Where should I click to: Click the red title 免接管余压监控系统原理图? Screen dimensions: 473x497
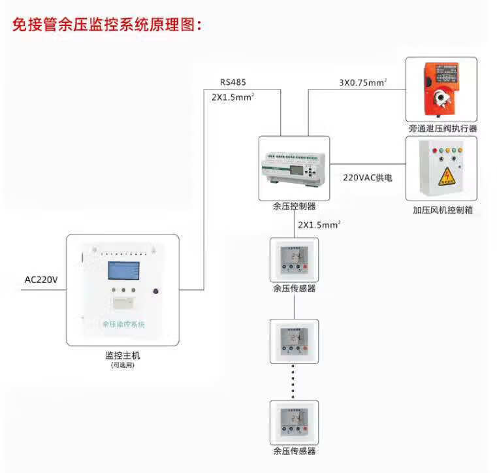(x=108, y=25)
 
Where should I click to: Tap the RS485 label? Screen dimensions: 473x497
(x=233, y=83)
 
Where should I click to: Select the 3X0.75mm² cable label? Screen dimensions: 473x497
(x=362, y=83)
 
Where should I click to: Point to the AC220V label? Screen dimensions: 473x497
(x=41, y=280)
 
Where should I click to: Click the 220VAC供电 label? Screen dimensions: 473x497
(x=368, y=177)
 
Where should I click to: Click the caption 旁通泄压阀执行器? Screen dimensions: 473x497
(x=442, y=129)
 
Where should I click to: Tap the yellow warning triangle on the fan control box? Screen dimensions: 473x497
(x=446, y=175)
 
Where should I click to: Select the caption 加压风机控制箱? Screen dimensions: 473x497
(x=442, y=210)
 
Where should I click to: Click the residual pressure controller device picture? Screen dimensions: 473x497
(x=295, y=168)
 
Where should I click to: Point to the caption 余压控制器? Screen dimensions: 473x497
(x=294, y=206)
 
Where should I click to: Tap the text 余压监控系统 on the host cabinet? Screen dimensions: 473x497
(x=123, y=324)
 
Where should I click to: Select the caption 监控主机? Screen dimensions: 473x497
(x=123, y=355)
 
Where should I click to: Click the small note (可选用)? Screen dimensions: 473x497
(x=123, y=365)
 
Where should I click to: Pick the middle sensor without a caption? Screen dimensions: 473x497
(x=294, y=340)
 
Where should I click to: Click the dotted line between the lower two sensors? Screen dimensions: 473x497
(x=293, y=381)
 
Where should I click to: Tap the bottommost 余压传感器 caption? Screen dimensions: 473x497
(x=294, y=451)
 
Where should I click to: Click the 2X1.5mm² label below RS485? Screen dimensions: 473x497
(x=232, y=97)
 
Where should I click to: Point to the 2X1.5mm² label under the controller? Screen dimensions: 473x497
(x=319, y=225)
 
